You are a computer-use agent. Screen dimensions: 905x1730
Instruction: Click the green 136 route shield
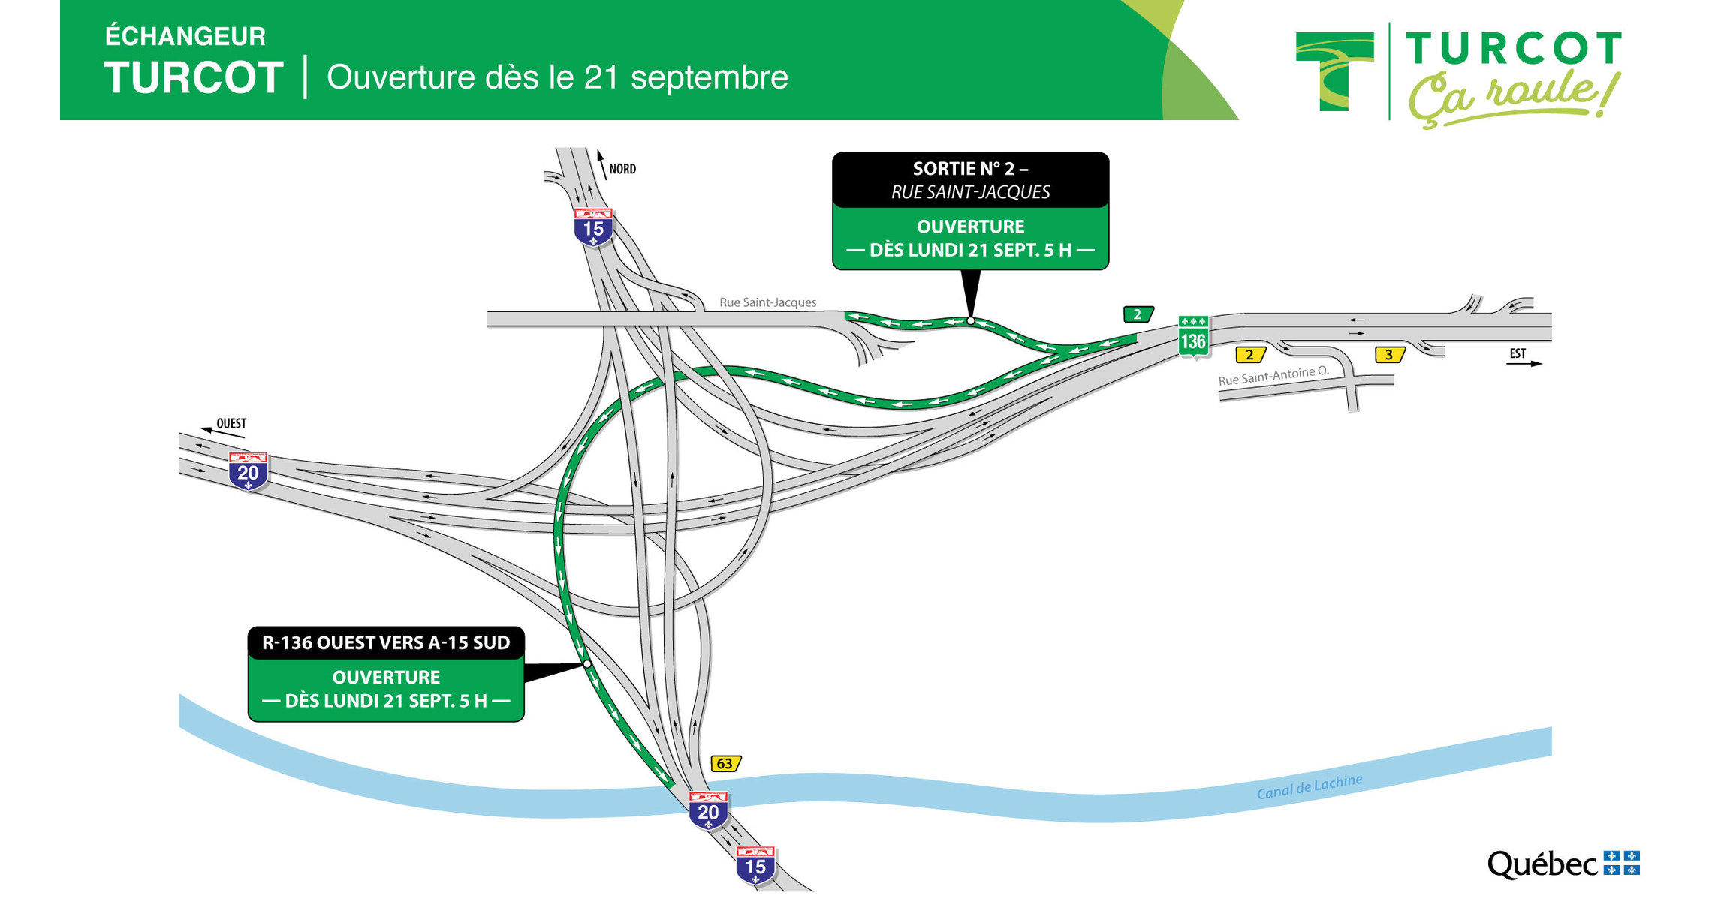[x=1192, y=338]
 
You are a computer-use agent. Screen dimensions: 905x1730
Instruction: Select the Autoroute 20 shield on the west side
[x=248, y=471]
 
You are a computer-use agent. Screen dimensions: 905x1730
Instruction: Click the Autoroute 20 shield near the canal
[x=708, y=810]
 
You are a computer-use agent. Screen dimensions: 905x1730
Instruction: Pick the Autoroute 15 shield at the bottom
[x=755, y=865]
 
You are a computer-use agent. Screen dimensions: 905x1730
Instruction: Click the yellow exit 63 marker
[x=725, y=763]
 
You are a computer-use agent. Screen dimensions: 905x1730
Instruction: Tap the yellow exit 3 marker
[x=1389, y=355]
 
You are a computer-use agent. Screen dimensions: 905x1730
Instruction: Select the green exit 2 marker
[x=1138, y=314]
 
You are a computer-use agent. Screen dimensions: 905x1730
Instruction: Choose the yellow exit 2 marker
[x=1250, y=355]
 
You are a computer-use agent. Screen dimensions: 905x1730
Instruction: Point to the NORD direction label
[x=622, y=170]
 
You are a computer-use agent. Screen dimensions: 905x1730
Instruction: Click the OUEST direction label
[x=231, y=424]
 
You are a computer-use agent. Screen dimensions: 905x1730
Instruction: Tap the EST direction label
[x=1518, y=353]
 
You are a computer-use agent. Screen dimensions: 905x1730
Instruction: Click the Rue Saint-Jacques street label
[x=767, y=302]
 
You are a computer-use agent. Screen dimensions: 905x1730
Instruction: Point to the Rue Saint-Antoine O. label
[x=1273, y=375]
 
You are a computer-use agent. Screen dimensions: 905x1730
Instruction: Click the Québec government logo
[x=1563, y=864]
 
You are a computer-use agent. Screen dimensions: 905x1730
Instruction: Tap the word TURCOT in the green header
[x=194, y=77]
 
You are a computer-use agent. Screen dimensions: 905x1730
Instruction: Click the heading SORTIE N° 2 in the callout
[x=970, y=169]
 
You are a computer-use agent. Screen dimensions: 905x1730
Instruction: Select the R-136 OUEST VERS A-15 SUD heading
[x=386, y=643]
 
